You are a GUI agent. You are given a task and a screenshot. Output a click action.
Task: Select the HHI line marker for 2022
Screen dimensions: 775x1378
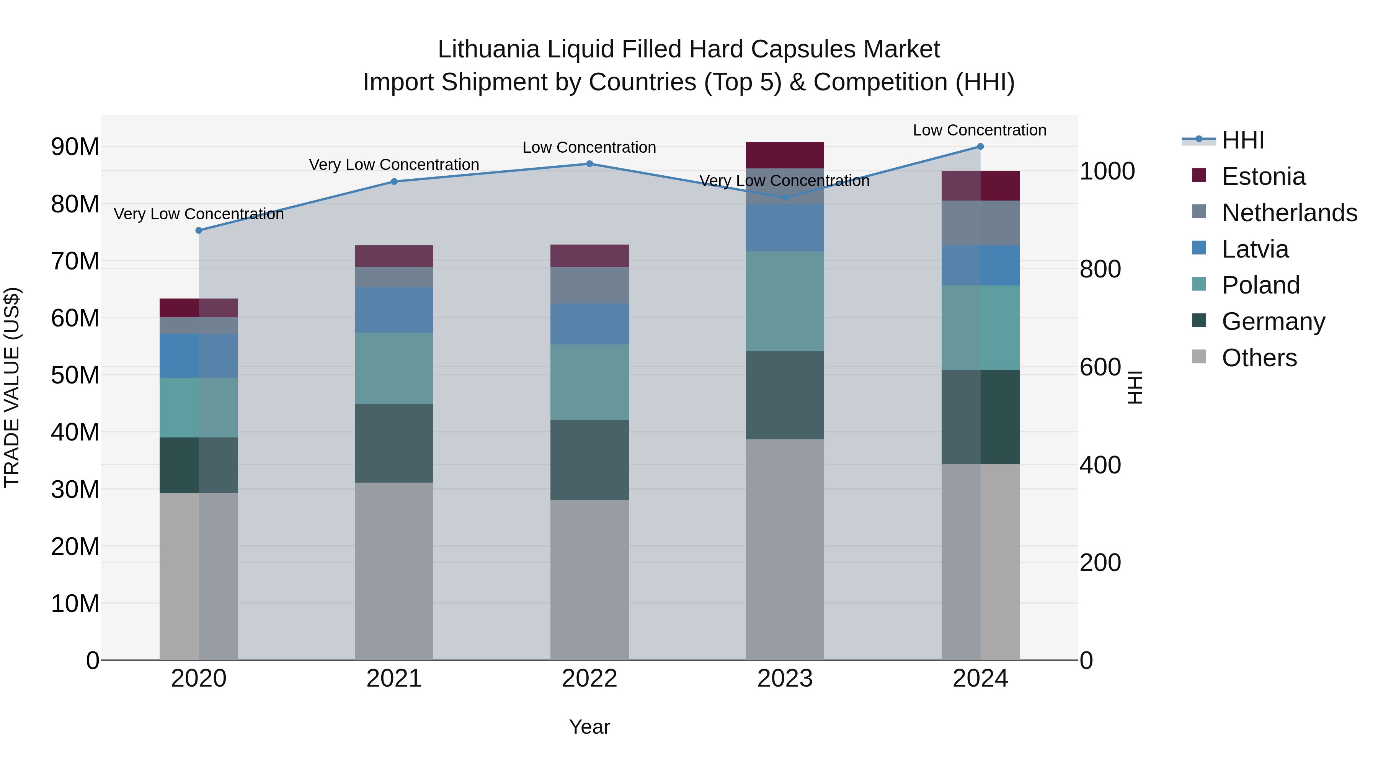589,164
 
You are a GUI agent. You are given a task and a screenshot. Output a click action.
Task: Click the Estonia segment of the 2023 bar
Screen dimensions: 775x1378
785,155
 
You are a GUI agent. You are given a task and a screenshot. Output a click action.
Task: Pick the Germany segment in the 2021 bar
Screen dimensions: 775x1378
394,444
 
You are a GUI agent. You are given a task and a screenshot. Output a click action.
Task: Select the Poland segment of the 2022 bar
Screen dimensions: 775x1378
589,382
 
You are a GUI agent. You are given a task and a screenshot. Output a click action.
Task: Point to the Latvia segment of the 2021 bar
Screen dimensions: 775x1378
394,310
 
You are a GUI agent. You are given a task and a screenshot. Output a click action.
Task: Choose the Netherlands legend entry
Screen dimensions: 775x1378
1289,213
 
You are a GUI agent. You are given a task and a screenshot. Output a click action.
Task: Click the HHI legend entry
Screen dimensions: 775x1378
1242,140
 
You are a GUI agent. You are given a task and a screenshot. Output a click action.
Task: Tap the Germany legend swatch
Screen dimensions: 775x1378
1199,321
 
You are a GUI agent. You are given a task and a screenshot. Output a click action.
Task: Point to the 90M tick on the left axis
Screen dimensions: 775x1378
75,147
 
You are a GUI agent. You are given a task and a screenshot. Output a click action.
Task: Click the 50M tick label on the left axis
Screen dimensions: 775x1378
75,375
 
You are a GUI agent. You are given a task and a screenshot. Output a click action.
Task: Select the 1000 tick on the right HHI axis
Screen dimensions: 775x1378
1107,171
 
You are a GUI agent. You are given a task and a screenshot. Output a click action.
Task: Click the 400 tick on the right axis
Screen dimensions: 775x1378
1100,465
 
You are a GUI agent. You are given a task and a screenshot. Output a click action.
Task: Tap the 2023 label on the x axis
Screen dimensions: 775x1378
785,679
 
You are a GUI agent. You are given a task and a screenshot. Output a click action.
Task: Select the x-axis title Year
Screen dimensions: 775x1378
589,727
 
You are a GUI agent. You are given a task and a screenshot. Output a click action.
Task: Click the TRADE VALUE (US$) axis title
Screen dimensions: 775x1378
12,387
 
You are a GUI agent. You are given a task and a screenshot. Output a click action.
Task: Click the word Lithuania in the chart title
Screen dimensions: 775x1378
488,50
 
